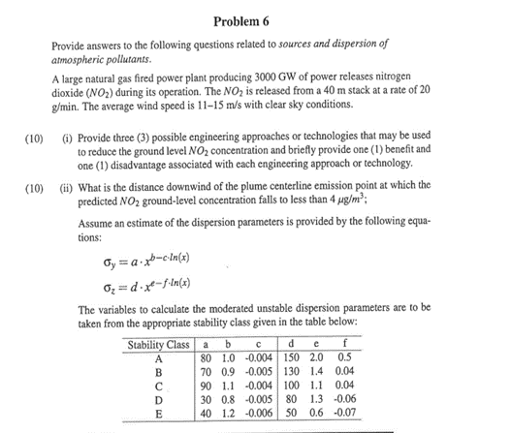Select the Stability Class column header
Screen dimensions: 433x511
click(x=159, y=345)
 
